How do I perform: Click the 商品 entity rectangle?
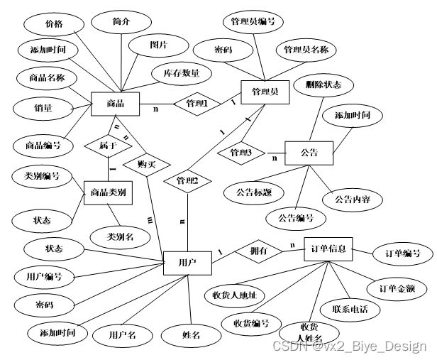click(116, 104)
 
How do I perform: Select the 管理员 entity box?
click(264, 92)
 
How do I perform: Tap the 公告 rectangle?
click(308, 153)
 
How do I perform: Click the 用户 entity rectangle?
click(188, 263)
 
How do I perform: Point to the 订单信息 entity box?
click(328, 250)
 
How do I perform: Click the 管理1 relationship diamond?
click(197, 104)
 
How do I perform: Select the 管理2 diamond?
click(186, 182)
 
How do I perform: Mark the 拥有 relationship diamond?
click(258, 251)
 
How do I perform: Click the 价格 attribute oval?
click(54, 24)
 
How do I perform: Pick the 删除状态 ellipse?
click(323, 84)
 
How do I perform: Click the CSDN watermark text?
click(349, 347)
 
